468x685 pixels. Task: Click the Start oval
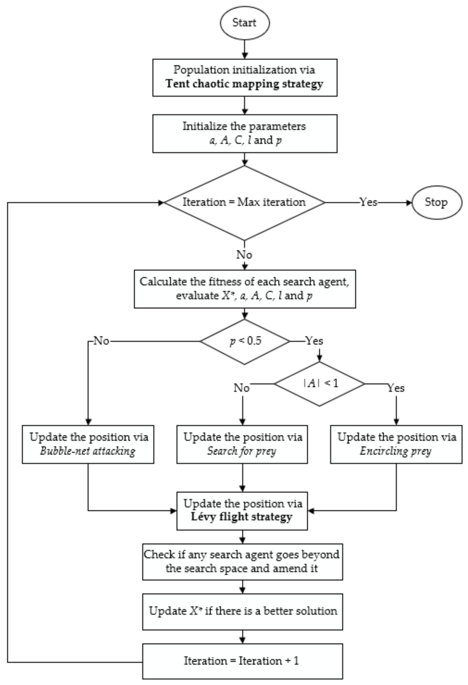(x=245, y=23)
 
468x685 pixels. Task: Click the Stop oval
(x=436, y=202)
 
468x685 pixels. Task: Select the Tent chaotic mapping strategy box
(x=245, y=78)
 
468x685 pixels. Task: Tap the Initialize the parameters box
(x=245, y=134)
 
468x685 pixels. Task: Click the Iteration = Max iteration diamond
(x=245, y=202)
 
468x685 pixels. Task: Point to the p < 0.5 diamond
(x=245, y=341)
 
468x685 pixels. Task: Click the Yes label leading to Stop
(x=368, y=202)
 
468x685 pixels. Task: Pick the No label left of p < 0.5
(x=101, y=341)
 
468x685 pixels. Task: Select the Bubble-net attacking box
(x=88, y=444)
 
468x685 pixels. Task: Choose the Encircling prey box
(x=396, y=444)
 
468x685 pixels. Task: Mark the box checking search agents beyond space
(x=242, y=562)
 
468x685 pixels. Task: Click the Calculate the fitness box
(x=245, y=289)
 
